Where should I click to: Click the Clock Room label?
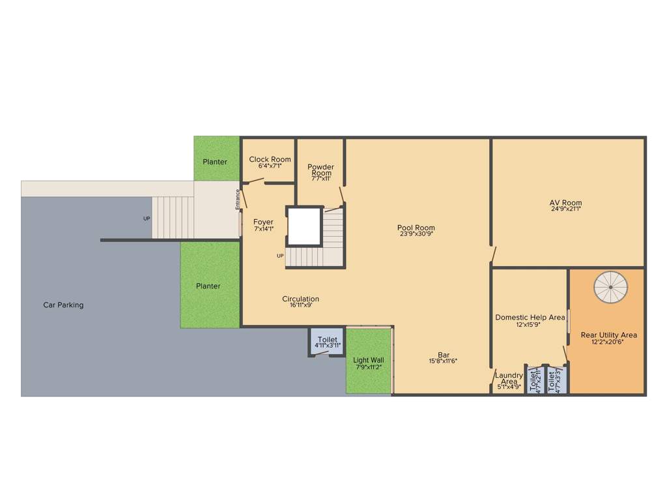(270, 159)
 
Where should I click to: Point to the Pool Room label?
(416, 228)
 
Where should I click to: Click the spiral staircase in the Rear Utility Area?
(611, 286)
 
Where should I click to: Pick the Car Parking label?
(63, 305)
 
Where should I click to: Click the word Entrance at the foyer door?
(238, 199)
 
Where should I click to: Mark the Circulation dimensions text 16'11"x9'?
(300, 305)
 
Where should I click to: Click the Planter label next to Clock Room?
(215, 162)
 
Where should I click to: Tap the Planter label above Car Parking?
(208, 286)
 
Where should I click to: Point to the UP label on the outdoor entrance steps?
(147, 219)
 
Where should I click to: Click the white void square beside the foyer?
(305, 226)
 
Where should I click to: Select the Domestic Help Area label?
(530, 318)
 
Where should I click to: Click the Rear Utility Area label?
(608, 335)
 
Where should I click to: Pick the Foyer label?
(263, 222)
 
